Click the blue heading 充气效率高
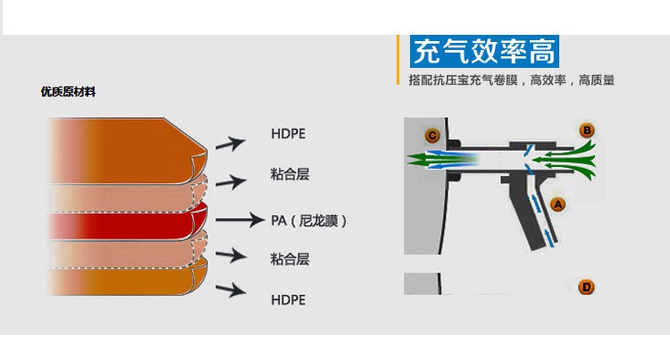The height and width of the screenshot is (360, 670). click(x=484, y=51)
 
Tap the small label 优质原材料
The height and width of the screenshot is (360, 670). click(x=68, y=92)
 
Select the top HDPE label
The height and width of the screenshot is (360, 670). click(x=288, y=134)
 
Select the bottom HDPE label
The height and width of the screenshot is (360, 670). click(x=288, y=300)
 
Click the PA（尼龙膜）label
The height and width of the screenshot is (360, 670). click(x=308, y=220)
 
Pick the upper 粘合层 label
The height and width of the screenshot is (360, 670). click(x=289, y=174)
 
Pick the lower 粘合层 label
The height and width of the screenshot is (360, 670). click(x=289, y=259)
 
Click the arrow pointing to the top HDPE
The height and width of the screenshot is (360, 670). click(x=229, y=143)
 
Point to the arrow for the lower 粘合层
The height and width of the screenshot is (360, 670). click(x=230, y=256)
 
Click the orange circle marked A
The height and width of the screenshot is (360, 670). click(x=559, y=203)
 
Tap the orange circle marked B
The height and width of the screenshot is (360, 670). click(x=587, y=130)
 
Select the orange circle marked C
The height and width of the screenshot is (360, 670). click(x=432, y=136)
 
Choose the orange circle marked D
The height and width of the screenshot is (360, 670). click(x=586, y=287)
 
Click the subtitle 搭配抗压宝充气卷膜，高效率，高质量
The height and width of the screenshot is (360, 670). click(x=511, y=80)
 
